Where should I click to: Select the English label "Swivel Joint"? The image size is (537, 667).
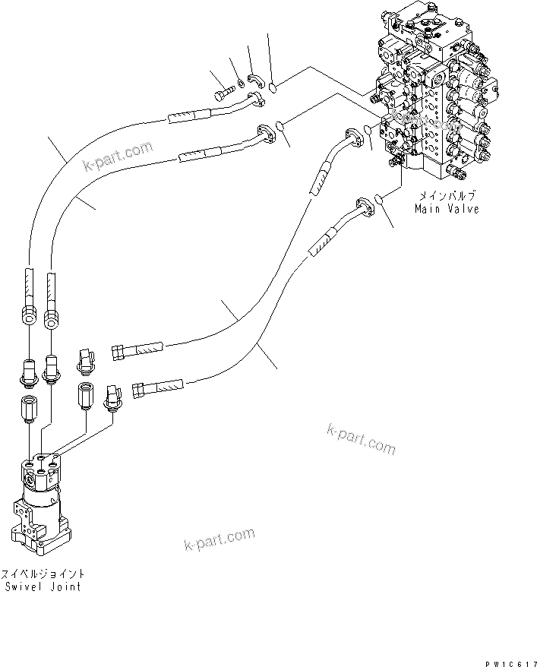pyautogui.click(x=43, y=586)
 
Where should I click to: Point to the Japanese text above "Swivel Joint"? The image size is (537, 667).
pyautogui.click(x=43, y=574)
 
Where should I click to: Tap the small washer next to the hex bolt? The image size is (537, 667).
pyautogui.click(x=240, y=81)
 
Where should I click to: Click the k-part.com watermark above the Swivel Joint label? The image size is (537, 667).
pyautogui.click(x=220, y=540)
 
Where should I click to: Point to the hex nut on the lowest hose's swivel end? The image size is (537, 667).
pyautogui.click(x=139, y=390)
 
